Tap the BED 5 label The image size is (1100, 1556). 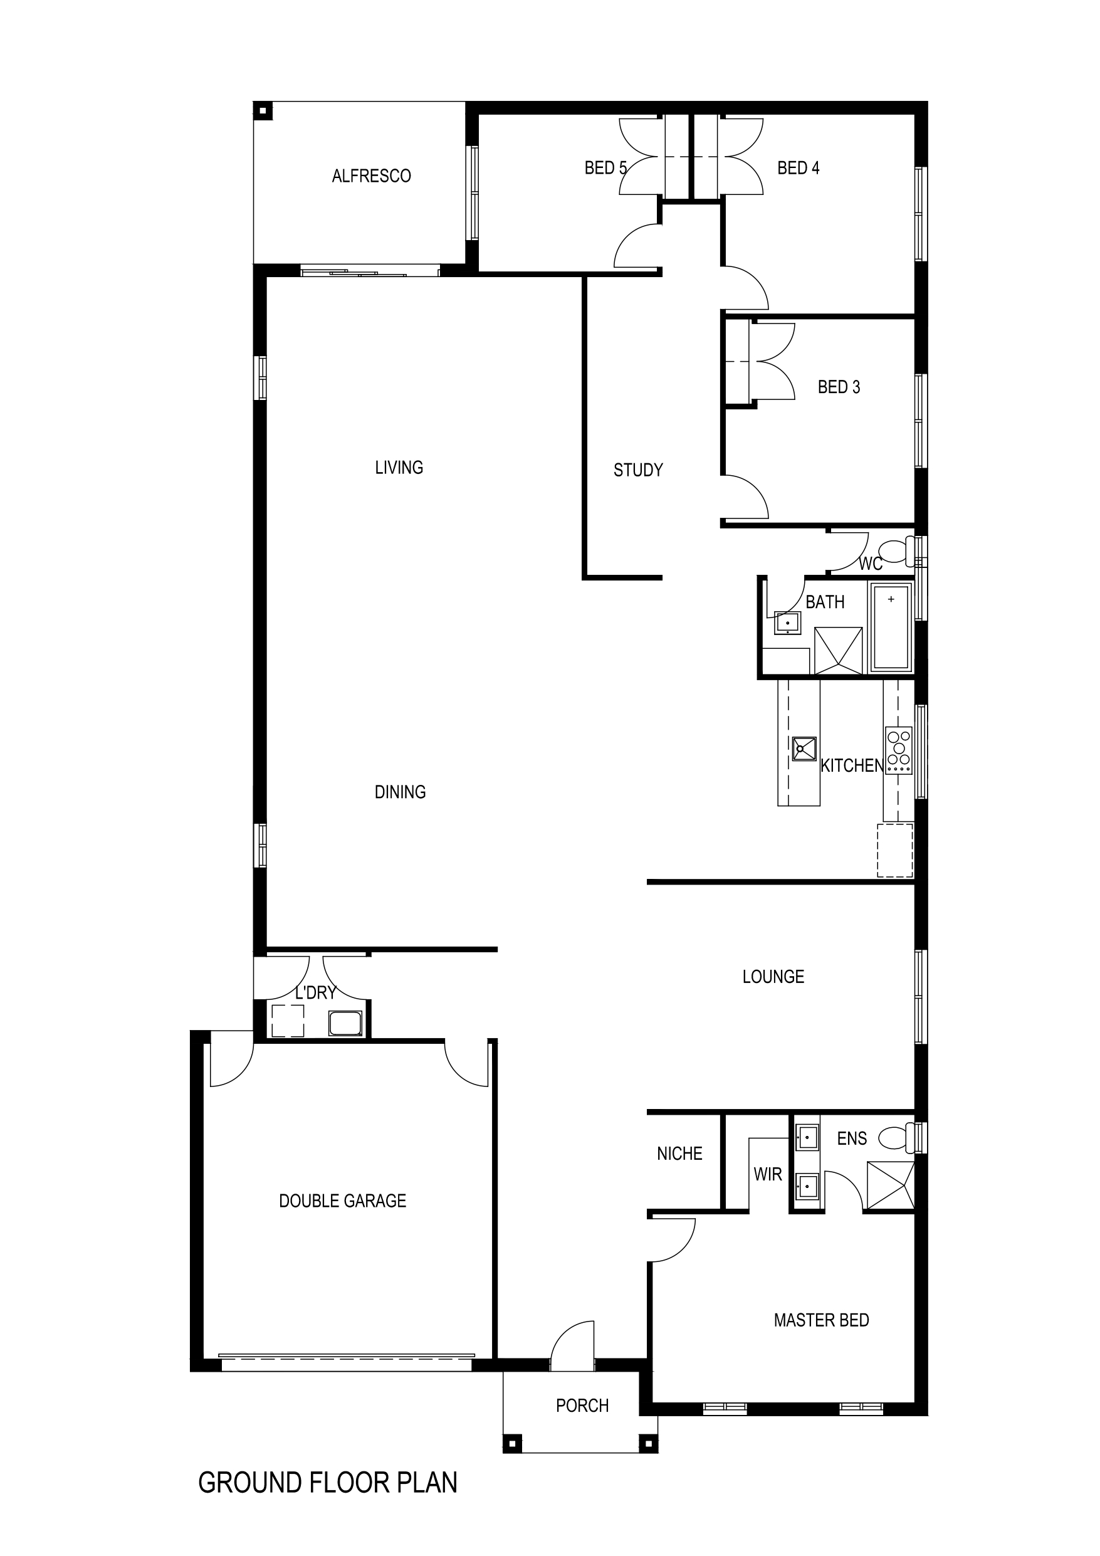pyautogui.click(x=605, y=168)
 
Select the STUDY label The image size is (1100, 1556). pyautogui.click(x=638, y=470)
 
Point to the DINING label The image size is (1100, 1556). pyautogui.click(x=400, y=792)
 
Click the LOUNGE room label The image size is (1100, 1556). pyautogui.click(x=773, y=977)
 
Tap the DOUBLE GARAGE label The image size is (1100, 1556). pyautogui.click(x=342, y=1202)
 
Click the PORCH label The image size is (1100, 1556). pyautogui.click(x=582, y=1406)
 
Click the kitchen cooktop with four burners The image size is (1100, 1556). pyautogui.click(x=899, y=751)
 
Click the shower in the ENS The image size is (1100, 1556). pyautogui.click(x=891, y=1186)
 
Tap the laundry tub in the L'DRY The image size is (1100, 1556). pyautogui.click(x=345, y=1023)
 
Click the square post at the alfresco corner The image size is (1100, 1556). pyautogui.click(x=263, y=111)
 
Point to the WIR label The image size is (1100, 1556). pyautogui.click(x=768, y=1174)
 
